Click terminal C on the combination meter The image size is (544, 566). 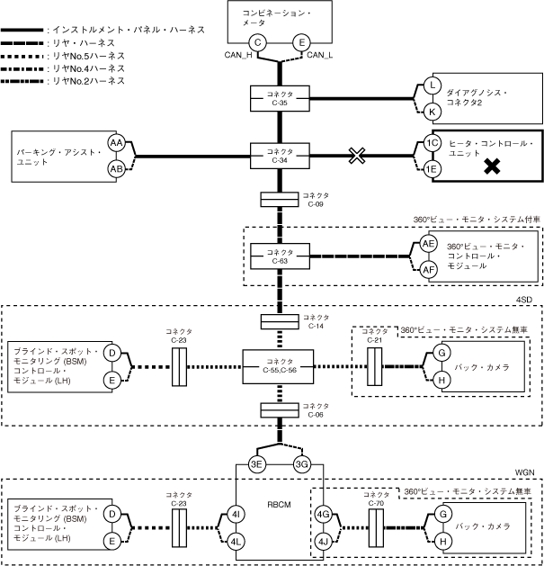pyautogui.click(x=258, y=42)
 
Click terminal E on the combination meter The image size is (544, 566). pyautogui.click(x=302, y=42)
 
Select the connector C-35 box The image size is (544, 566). pyautogui.click(x=280, y=98)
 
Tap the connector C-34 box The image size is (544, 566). pyautogui.click(x=280, y=156)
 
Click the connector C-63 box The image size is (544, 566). pyautogui.click(x=280, y=256)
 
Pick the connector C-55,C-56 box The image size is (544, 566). pyautogui.click(x=280, y=366)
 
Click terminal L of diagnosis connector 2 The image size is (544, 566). pyautogui.click(x=433, y=85)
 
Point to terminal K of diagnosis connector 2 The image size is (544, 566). pyautogui.click(x=433, y=111)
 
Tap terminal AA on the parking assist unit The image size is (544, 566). pyautogui.click(x=116, y=143)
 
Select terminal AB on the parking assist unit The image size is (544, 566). pyautogui.click(x=116, y=168)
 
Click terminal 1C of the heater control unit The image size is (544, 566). pyautogui.click(x=433, y=143)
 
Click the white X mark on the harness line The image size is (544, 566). pyautogui.click(x=358, y=156)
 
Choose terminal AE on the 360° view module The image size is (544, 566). pyautogui.click(x=429, y=244)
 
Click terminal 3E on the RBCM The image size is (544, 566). pyautogui.click(x=257, y=464)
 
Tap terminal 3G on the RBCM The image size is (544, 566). pyautogui.click(x=302, y=464)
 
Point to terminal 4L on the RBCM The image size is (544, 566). pyautogui.click(x=236, y=541)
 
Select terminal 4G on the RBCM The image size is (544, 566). pyautogui.click(x=323, y=515)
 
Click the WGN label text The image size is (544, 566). pyautogui.click(x=525, y=471)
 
